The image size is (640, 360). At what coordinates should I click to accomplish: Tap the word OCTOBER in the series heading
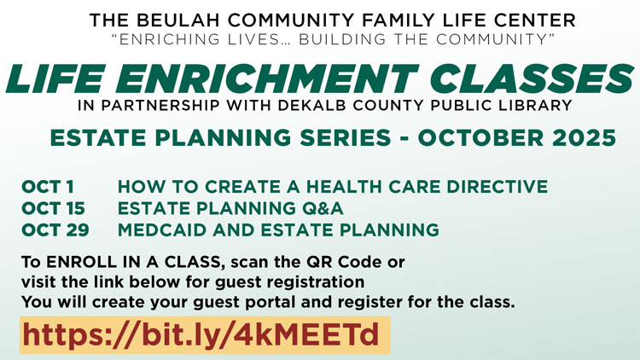480,137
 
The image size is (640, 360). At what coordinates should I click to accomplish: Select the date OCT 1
48,187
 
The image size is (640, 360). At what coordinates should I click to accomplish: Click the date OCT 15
53,208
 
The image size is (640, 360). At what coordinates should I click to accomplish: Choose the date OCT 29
55,229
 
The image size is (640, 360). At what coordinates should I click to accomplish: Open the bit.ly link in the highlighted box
201,334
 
